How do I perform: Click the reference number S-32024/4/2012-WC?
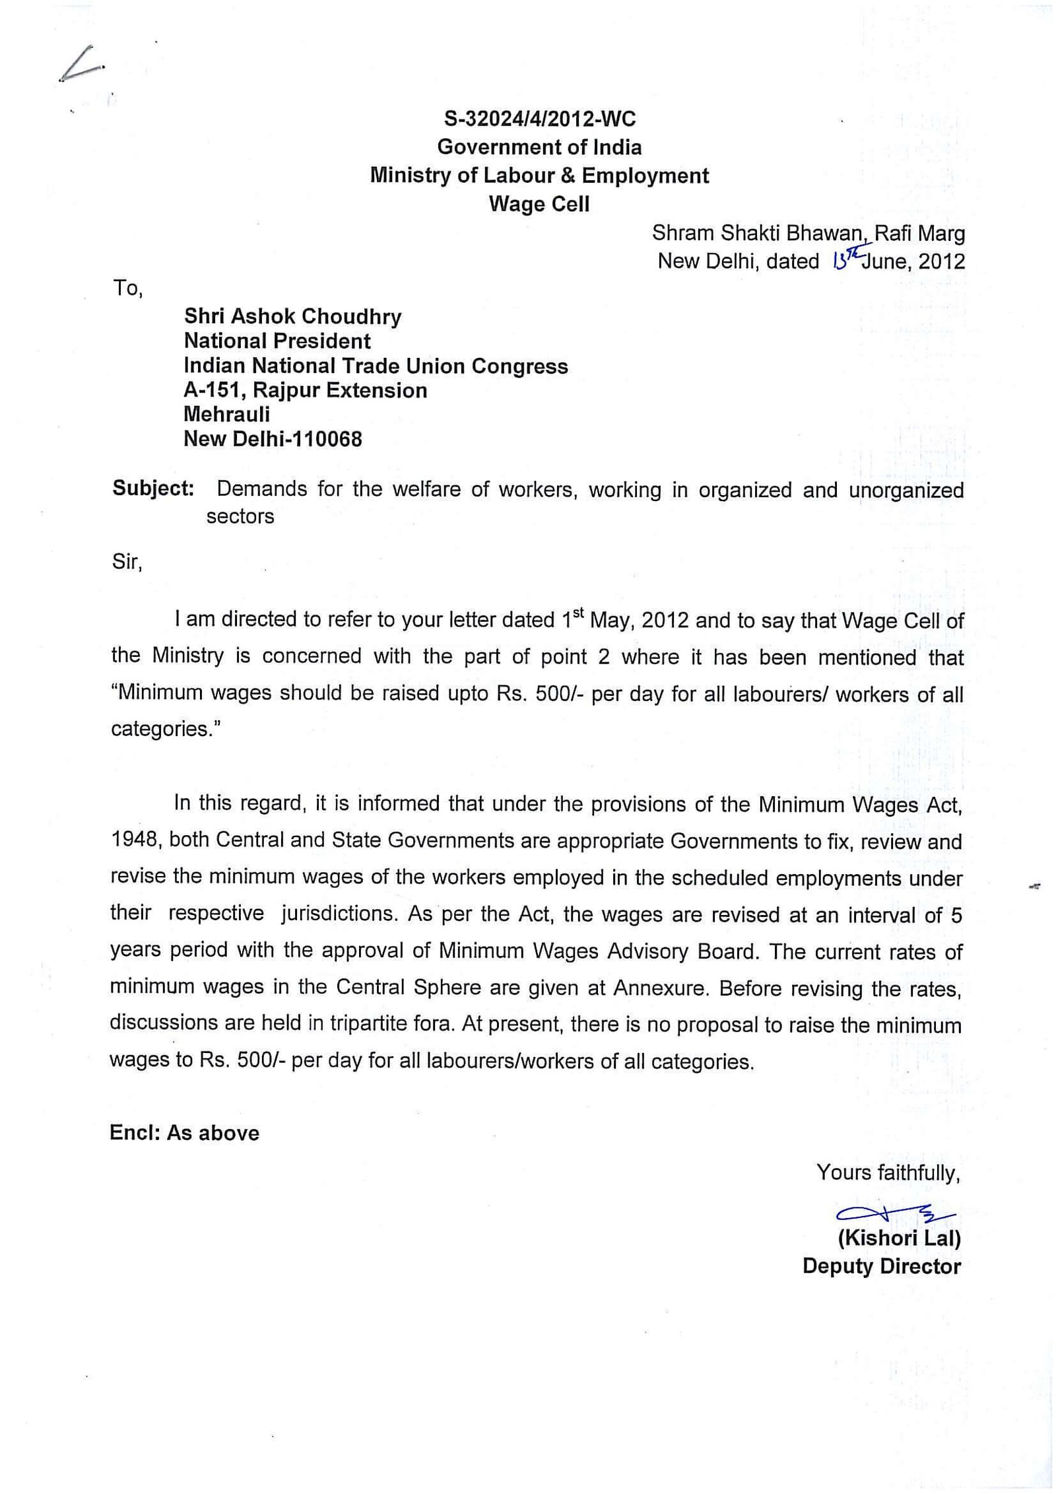point(539,119)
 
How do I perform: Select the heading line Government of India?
point(539,147)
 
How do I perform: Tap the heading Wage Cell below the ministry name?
point(539,204)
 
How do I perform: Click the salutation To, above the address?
point(127,289)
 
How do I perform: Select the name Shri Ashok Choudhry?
point(292,316)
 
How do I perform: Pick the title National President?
point(277,341)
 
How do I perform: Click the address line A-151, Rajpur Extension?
point(305,390)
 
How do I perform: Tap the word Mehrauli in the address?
point(226,415)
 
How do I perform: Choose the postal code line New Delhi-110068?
point(273,439)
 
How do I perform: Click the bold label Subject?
point(153,489)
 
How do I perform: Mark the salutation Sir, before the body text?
point(127,562)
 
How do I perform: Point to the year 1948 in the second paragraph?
point(134,840)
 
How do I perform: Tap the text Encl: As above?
point(185,1133)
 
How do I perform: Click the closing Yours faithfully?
point(888,1172)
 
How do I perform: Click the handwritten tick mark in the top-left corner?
point(81,65)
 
